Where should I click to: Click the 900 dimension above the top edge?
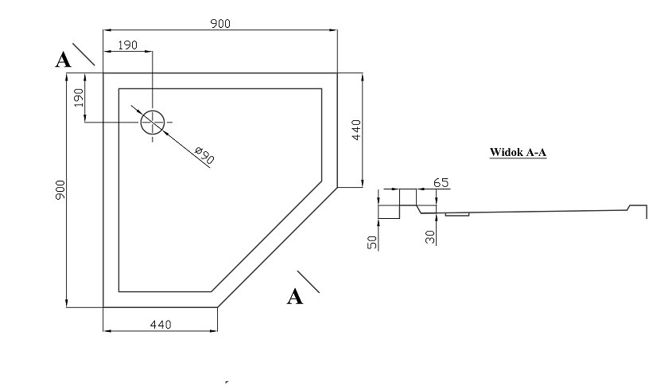(220, 23)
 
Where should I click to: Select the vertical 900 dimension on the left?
(60, 189)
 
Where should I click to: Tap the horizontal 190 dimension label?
(127, 45)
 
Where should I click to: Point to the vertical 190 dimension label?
(79, 98)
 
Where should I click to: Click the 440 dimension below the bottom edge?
(161, 325)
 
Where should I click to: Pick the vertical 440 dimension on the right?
(356, 130)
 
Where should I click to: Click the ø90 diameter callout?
(204, 155)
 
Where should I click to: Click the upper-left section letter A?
(63, 60)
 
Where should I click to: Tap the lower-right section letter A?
(295, 297)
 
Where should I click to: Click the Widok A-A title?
(518, 152)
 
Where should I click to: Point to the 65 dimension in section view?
(441, 182)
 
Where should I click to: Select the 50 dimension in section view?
(372, 243)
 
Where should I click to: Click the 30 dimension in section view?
(430, 237)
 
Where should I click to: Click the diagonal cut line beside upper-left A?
(83, 54)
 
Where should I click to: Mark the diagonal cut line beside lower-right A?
(308, 282)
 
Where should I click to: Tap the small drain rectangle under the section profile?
(457, 214)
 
